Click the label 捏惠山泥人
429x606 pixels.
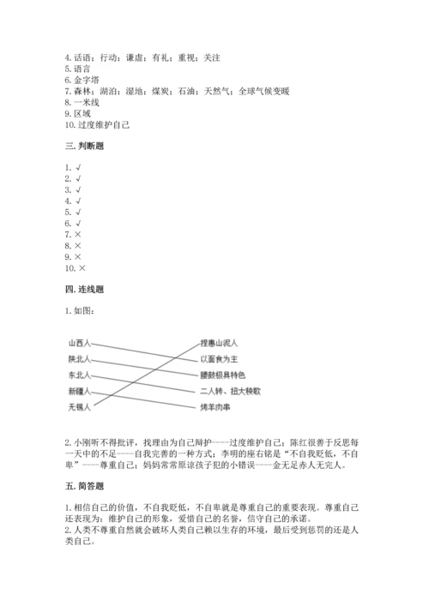point(219,343)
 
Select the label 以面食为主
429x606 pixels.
point(219,358)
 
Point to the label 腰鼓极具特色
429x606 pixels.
point(223,375)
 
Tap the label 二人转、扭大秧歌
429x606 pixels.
point(227,390)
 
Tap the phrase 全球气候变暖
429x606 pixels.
point(266,91)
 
